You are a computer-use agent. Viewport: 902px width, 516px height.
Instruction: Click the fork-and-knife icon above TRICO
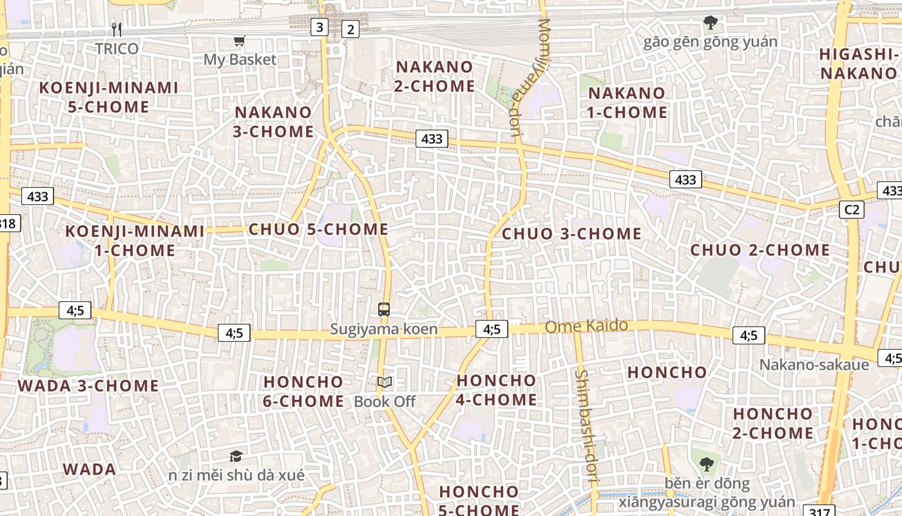[117, 29]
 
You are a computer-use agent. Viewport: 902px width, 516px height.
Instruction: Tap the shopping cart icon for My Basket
[240, 41]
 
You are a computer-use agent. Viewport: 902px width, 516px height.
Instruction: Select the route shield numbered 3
[320, 27]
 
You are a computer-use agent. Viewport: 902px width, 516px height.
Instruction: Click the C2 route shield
[852, 209]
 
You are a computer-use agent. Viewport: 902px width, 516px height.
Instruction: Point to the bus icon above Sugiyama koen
[384, 310]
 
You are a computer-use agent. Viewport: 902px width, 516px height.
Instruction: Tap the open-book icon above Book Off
[385, 382]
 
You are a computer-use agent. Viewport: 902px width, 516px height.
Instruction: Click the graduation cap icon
[236, 456]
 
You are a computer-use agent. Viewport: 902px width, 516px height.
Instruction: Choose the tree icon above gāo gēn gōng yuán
[711, 23]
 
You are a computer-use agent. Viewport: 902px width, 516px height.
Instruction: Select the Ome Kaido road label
[586, 326]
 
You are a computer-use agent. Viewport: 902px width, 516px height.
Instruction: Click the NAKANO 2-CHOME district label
[435, 76]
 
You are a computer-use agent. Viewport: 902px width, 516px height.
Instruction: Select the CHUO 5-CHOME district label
[318, 229]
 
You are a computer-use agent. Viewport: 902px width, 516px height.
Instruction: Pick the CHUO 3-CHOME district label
[571, 233]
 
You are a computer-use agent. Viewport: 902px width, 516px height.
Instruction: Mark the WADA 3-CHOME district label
[88, 386]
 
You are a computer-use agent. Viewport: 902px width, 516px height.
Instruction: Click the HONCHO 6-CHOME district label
[303, 391]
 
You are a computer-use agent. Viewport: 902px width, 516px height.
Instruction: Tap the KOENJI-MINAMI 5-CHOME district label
[109, 97]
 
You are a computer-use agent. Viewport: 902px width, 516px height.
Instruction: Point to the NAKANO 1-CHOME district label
[627, 103]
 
